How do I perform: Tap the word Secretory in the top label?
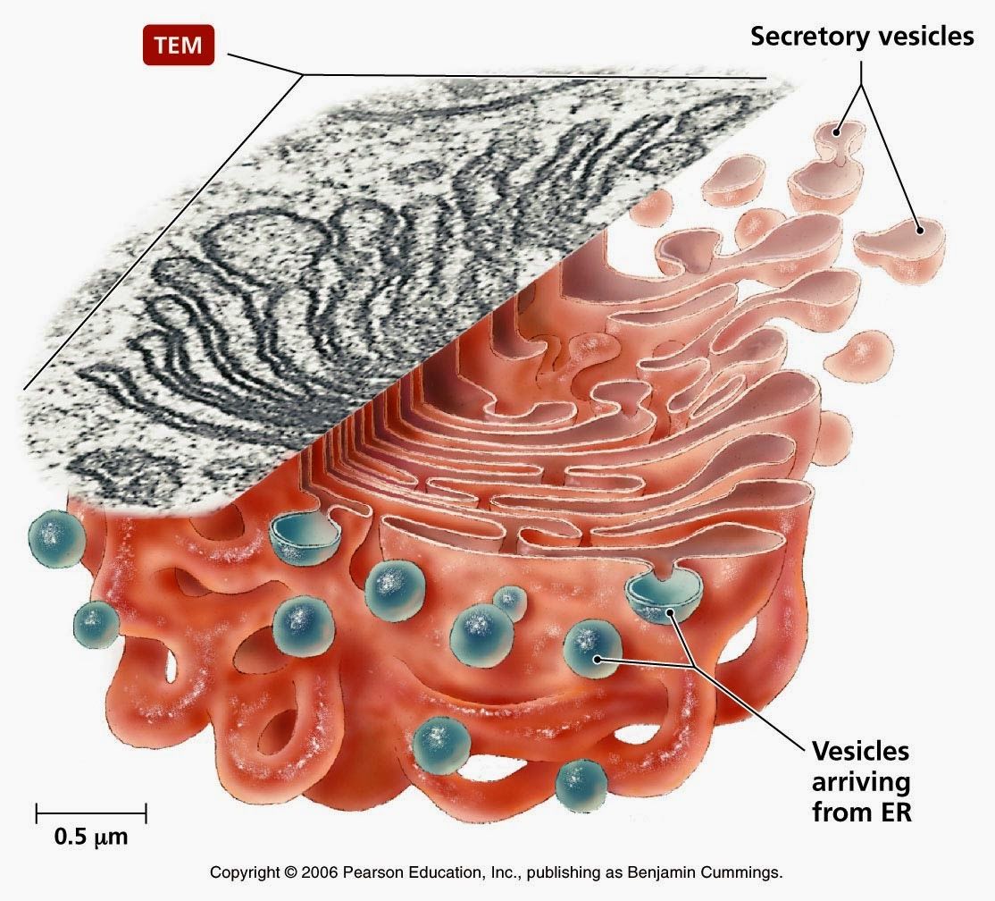pyautogui.click(x=804, y=37)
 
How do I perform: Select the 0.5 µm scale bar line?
pyautogui.click(x=91, y=813)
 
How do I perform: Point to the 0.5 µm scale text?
pyautogui.click(x=90, y=838)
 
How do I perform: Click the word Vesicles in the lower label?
pyautogui.click(x=859, y=750)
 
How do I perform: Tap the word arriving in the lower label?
pyautogui.click(x=859, y=782)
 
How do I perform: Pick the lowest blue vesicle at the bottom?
pyautogui.click(x=581, y=785)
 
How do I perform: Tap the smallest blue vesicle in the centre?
pyautogui.click(x=508, y=600)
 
